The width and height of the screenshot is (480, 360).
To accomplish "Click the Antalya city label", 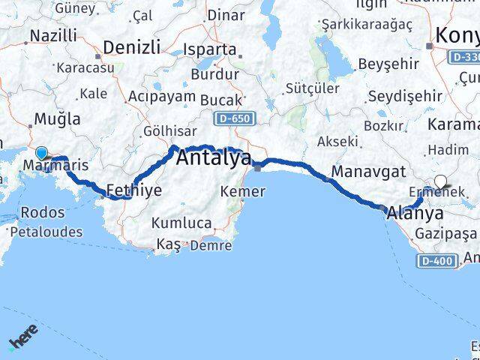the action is pyautogui.click(x=214, y=159).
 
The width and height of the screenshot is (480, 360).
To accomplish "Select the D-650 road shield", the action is pyautogui.click(x=235, y=118).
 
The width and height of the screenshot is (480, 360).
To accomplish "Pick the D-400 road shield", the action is pyautogui.click(x=434, y=260).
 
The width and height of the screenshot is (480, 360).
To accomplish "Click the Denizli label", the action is pyautogui.click(x=132, y=47).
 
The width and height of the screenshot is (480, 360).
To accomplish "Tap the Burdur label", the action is pyautogui.click(x=215, y=74).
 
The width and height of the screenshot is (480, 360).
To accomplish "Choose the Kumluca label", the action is pyautogui.click(x=181, y=223).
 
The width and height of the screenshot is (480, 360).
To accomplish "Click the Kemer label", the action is pyautogui.click(x=242, y=192).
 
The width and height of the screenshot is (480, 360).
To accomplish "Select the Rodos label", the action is pyautogui.click(x=43, y=212).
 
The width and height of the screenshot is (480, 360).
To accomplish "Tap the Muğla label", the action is pyautogui.click(x=57, y=118).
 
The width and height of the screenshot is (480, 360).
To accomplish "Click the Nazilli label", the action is pyautogui.click(x=52, y=35).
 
